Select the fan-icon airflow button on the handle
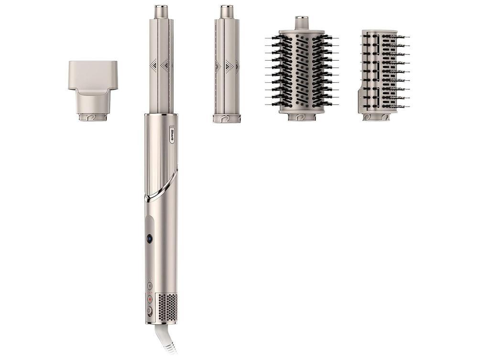point(150,285)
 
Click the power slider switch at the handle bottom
point(150,311)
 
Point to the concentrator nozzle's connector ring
point(93,116)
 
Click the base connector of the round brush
point(302,116)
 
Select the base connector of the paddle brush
point(376,116)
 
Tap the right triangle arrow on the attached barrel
point(165,65)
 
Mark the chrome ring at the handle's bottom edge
point(161,323)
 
